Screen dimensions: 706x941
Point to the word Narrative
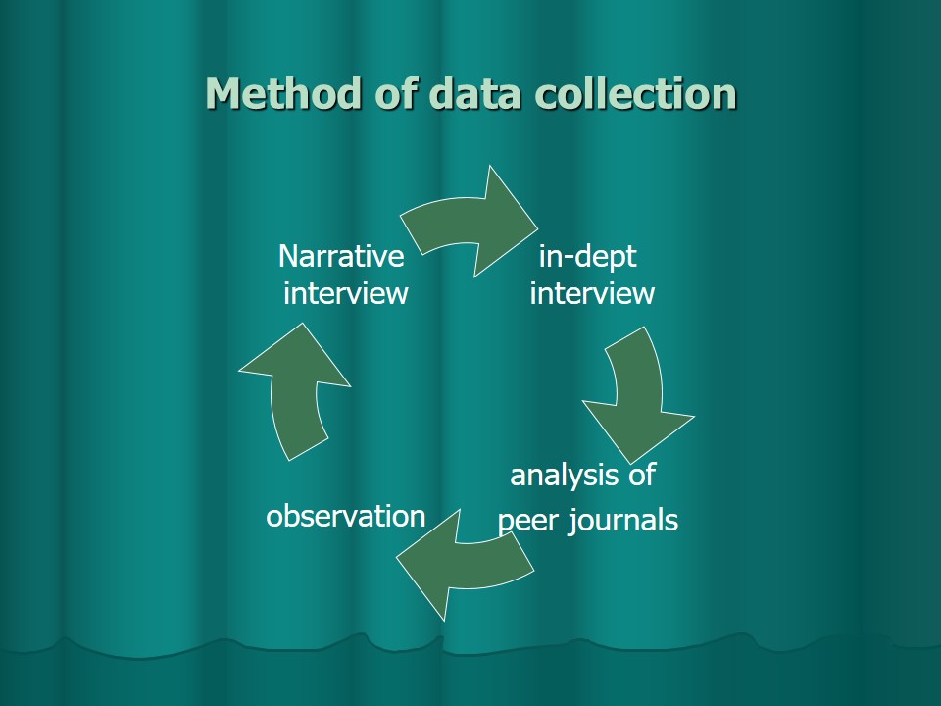tap(341, 257)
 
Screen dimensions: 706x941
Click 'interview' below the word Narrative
tap(345, 294)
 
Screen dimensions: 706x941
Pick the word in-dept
tap(587, 258)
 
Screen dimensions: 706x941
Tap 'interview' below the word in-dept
tap(592, 294)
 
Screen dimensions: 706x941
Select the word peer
tap(527, 521)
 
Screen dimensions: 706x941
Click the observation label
tap(346, 517)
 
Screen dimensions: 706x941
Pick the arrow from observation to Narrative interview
tap(293, 392)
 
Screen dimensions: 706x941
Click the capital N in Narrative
tap(288, 257)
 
